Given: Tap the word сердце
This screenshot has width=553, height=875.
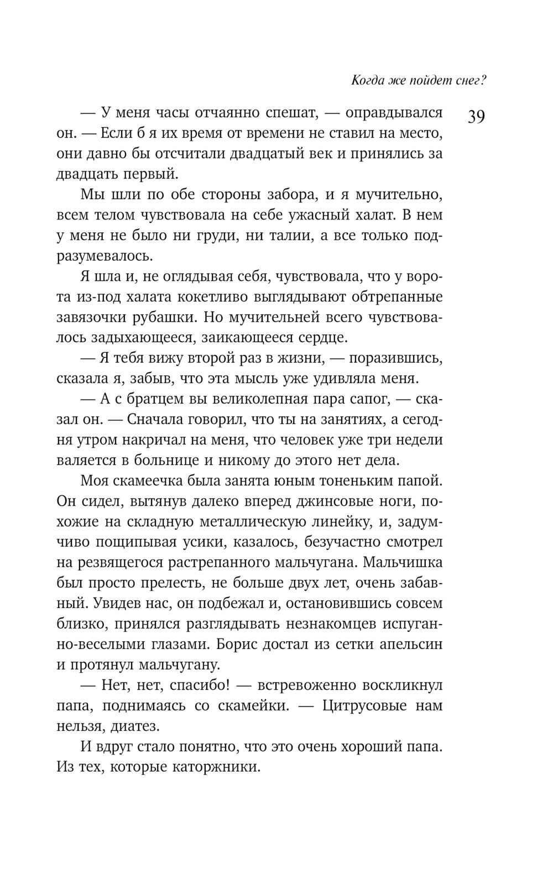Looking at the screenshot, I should (x=317, y=338).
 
